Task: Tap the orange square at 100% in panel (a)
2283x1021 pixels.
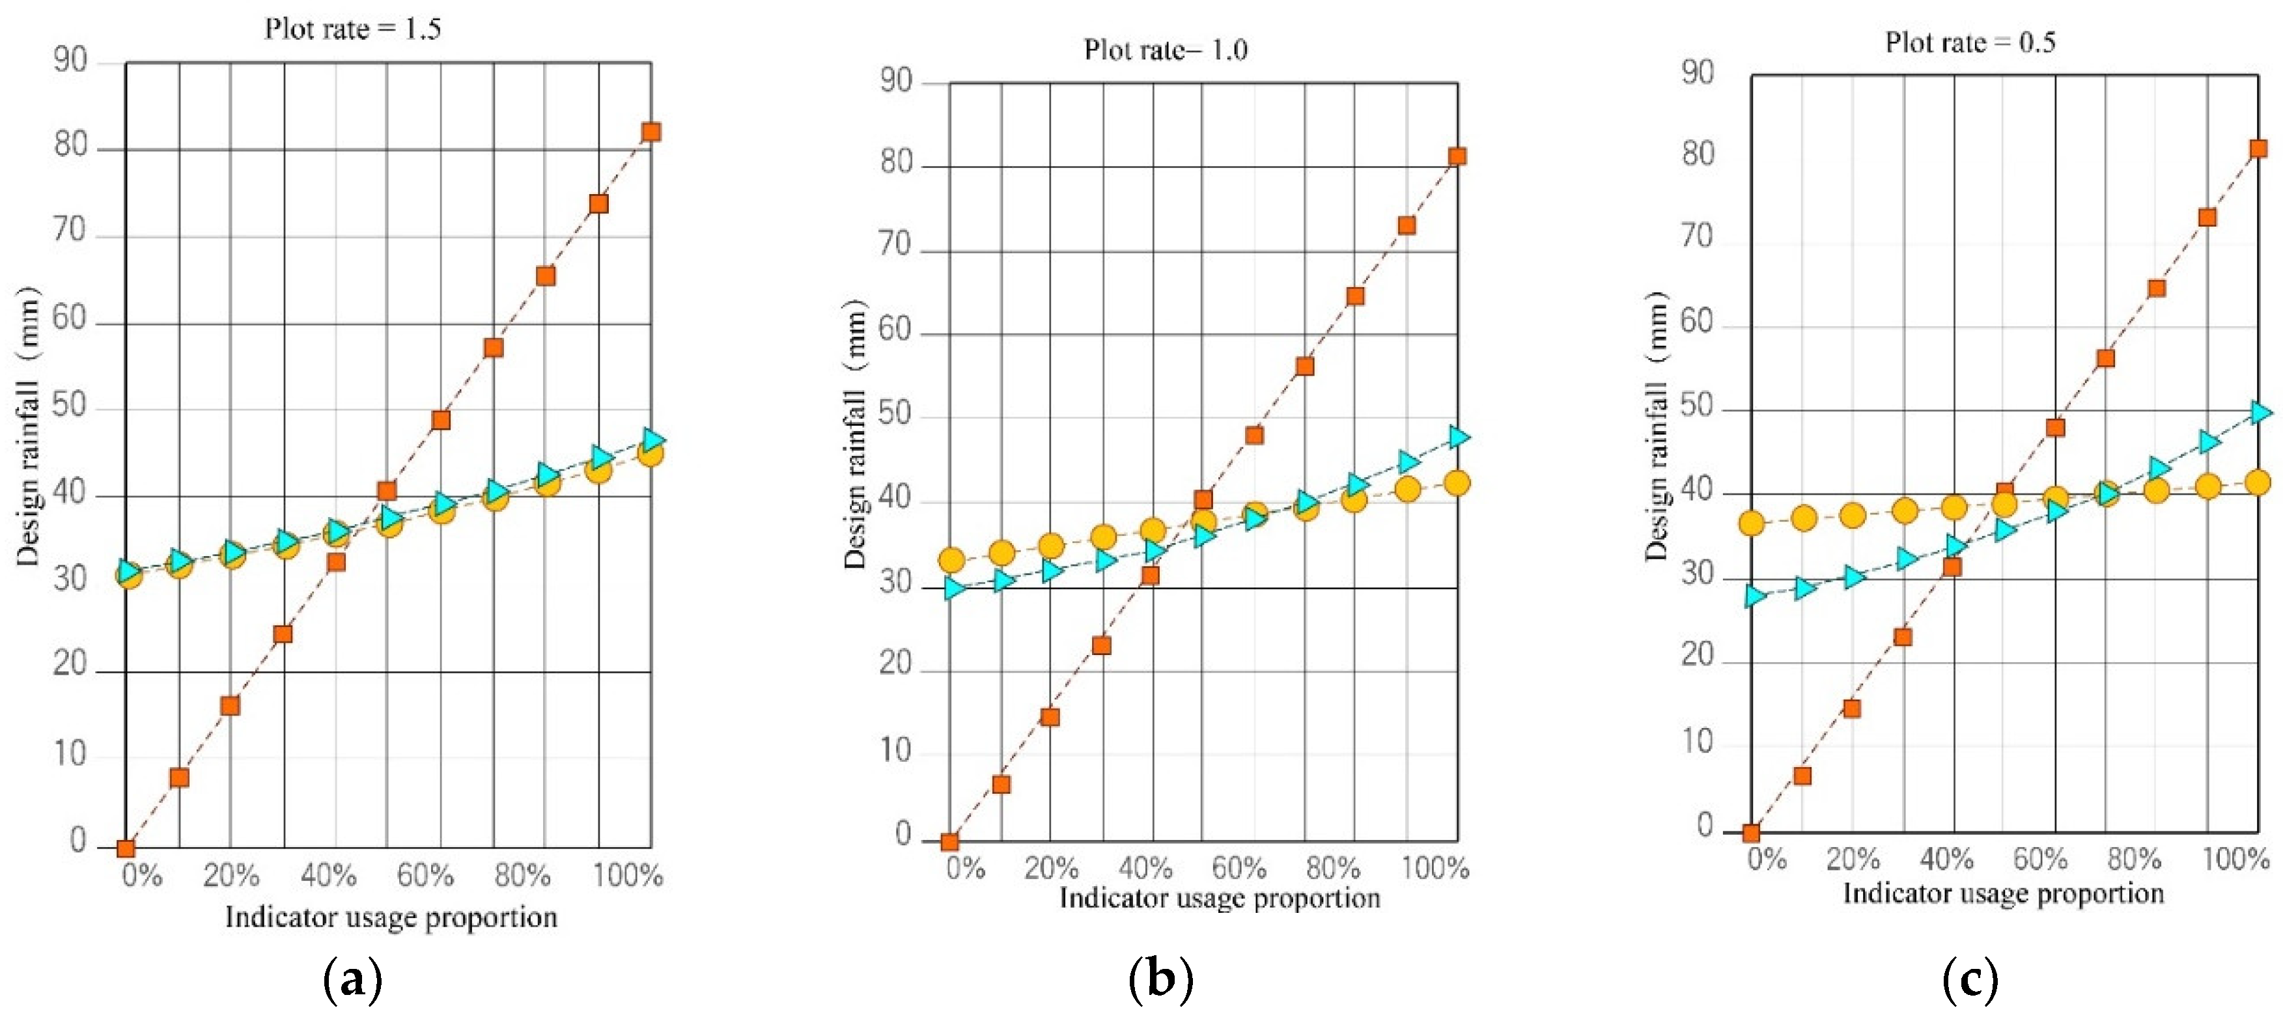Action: pos(651,132)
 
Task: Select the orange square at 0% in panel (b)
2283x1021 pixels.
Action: pos(949,841)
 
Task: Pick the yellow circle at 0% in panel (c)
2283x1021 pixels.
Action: pos(1751,523)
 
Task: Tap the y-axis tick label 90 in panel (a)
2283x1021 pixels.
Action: pos(70,61)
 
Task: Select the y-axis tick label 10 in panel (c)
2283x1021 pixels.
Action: pos(1697,741)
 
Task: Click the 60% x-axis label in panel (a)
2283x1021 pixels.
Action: pos(425,876)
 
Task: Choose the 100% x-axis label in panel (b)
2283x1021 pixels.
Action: pos(1435,867)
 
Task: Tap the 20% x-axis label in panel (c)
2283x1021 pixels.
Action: pos(1853,858)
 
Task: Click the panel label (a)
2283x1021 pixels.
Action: pos(352,980)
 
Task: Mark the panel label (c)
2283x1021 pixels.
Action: pos(1969,980)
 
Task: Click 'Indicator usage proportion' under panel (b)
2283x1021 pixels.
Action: pos(1220,898)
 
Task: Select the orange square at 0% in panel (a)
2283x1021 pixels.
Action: pos(126,848)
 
